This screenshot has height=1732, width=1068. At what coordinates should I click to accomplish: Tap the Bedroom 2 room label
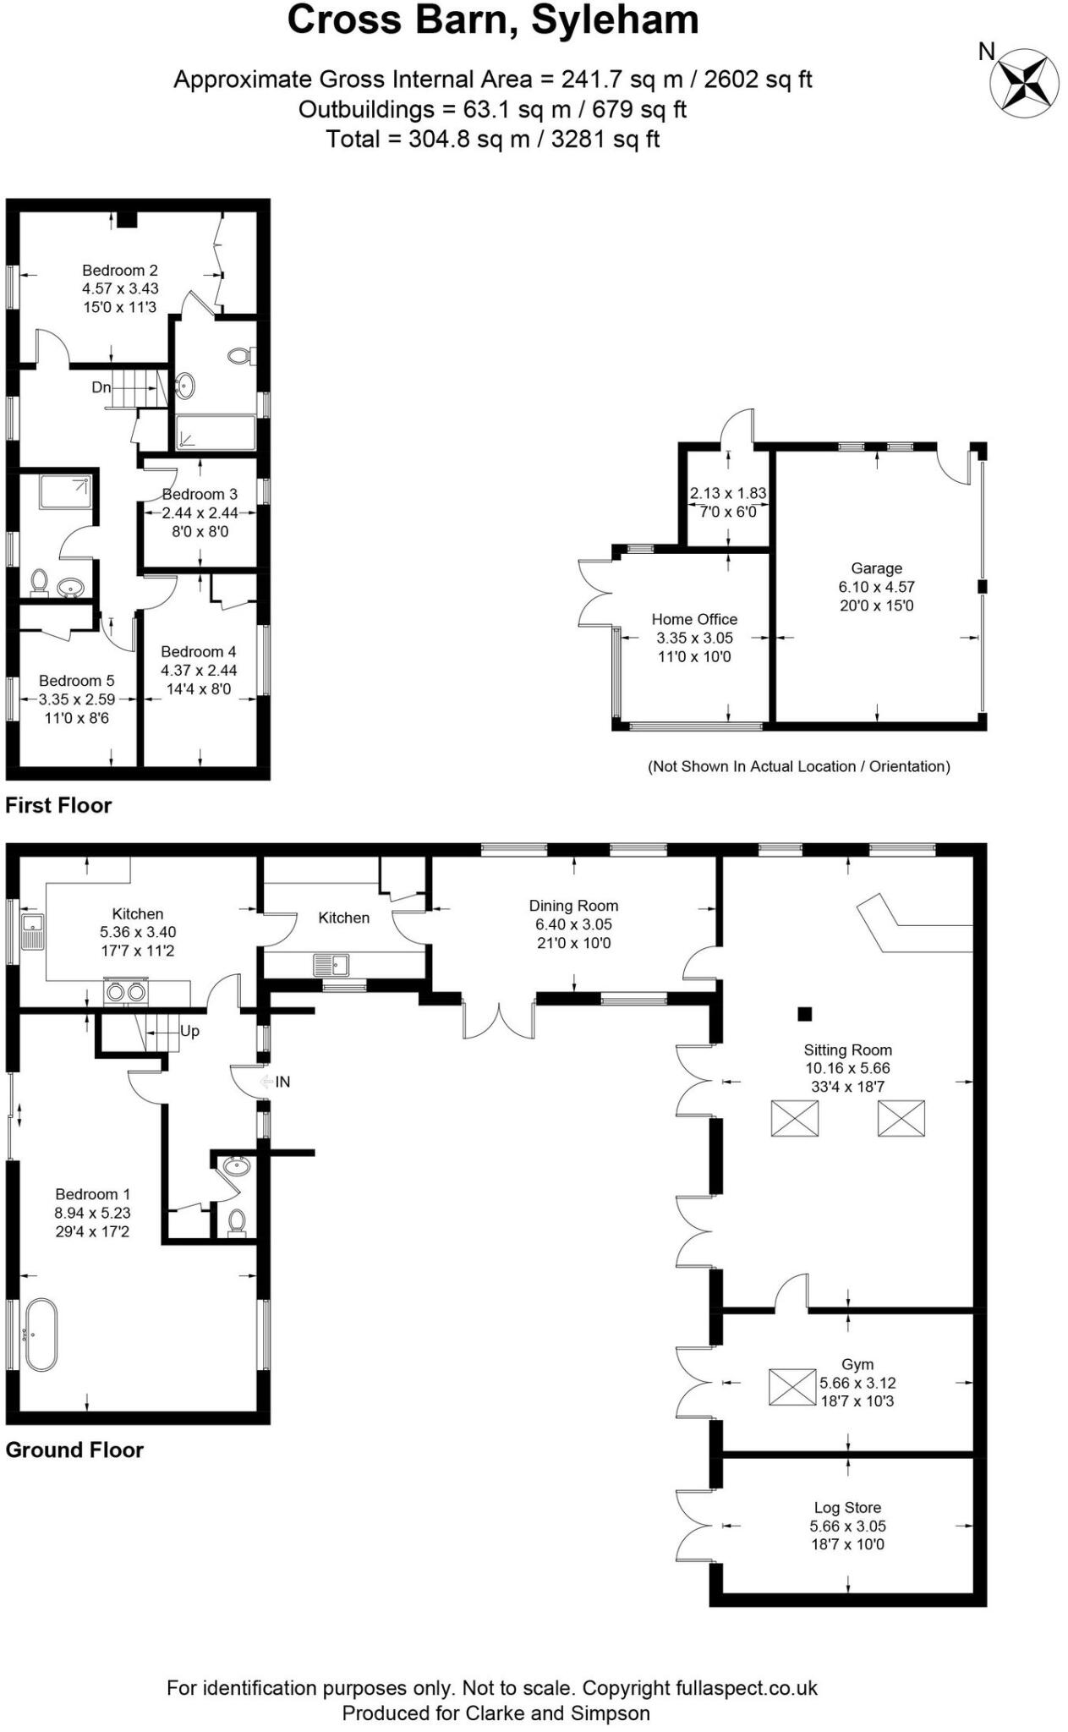[x=119, y=271]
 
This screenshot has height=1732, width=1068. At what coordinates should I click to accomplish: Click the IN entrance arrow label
[x=282, y=1082]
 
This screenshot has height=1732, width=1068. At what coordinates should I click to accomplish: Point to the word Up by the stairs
[x=189, y=1031]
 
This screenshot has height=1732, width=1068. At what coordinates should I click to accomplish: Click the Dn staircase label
[x=101, y=387]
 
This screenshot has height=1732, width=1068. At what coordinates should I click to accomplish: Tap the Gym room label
[x=857, y=1364]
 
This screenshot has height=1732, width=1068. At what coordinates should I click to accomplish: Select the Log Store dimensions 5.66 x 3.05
[x=847, y=1526]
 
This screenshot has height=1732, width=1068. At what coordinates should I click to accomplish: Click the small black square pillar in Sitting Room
[x=805, y=1013]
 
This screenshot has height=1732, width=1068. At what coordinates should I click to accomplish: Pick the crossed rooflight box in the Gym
[x=792, y=1387]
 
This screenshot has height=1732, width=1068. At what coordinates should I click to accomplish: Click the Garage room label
[x=876, y=568]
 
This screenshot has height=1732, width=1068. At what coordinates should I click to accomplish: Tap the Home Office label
[x=694, y=619]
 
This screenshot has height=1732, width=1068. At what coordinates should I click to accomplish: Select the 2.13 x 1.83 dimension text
[x=727, y=493]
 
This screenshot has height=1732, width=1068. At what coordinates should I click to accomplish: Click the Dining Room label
[x=573, y=906]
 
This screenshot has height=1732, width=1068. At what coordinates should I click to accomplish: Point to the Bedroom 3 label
[x=200, y=494]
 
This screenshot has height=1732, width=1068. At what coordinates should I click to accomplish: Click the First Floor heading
[x=58, y=805]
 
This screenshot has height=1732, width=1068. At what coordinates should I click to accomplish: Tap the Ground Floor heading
[x=74, y=1450]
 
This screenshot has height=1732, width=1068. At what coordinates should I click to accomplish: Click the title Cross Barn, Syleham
[x=493, y=20]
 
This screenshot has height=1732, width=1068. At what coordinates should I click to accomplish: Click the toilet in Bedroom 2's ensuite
[x=240, y=356]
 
